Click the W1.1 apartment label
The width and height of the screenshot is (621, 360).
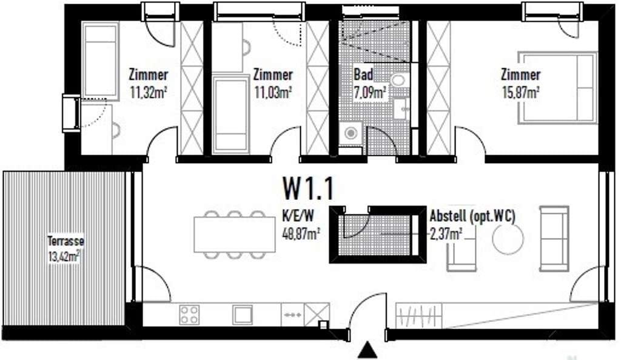[308, 188]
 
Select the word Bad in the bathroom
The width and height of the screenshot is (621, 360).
[363, 75]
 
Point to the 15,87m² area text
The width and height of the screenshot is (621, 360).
[521, 93]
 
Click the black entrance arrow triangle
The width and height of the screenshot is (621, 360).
[368, 350]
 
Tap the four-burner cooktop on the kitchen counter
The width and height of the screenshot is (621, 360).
[189, 315]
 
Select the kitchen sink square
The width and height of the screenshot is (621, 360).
[243, 315]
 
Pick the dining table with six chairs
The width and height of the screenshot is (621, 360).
[235, 234]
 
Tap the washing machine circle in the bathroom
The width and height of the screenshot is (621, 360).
[351, 133]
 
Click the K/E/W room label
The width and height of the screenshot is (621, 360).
[297, 216]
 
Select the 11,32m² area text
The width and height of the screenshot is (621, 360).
[148, 93]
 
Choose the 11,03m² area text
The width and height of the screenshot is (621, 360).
[273, 93]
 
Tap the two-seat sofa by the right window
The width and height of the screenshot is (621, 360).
[554, 238]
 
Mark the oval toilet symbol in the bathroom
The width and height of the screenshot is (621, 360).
[398, 81]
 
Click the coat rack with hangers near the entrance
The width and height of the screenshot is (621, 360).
[418, 315]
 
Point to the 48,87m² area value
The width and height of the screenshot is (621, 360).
[301, 233]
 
